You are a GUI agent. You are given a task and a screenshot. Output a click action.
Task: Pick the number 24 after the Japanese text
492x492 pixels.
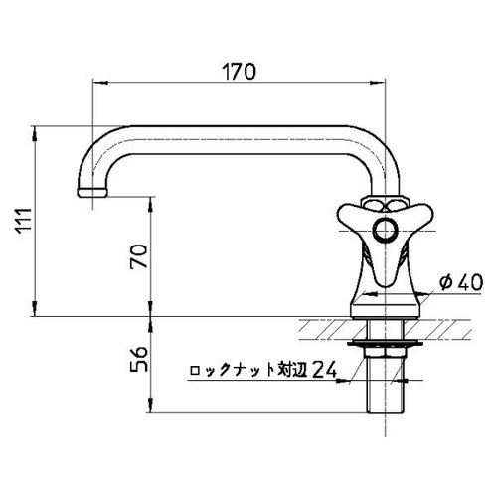[323, 371]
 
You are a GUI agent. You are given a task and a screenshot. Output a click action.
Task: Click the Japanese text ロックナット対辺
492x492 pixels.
[247, 372]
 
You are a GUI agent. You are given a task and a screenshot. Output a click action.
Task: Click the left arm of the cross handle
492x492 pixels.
[347, 216]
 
